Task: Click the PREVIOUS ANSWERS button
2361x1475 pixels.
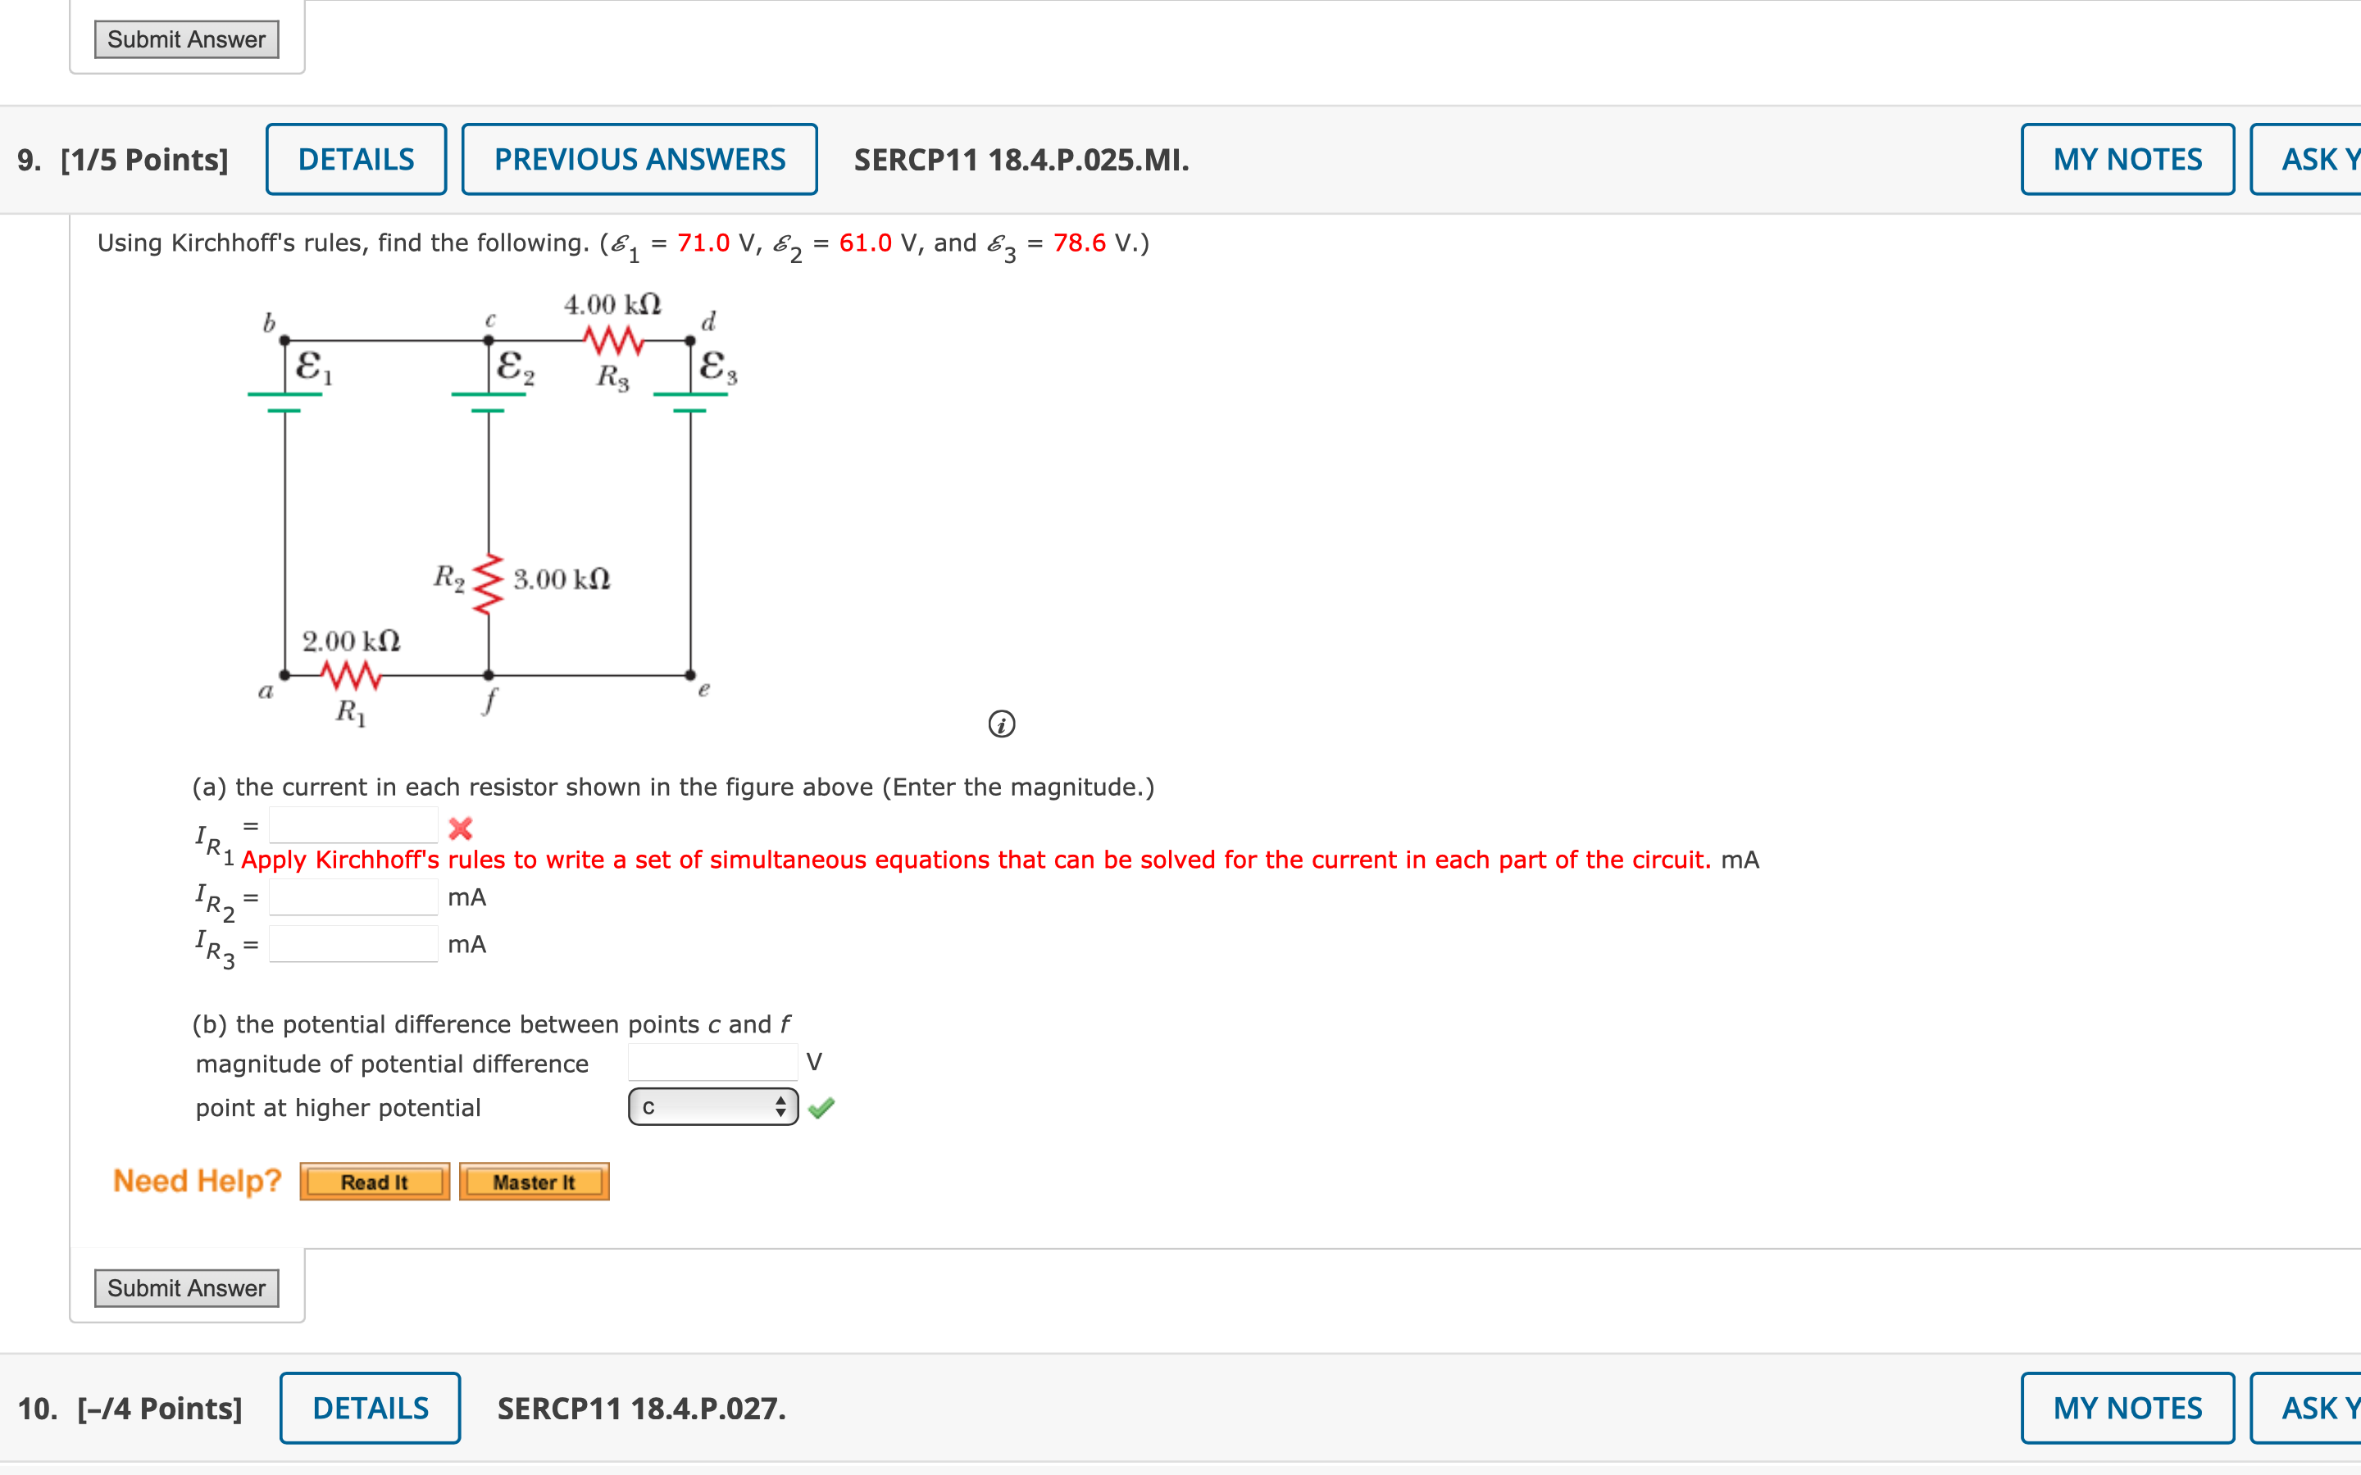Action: tap(639, 159)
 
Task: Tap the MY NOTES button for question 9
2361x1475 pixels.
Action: tap(2127, 159)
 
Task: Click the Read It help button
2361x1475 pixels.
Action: tap(375, 1182)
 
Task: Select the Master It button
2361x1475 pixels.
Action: tap(534, 1182)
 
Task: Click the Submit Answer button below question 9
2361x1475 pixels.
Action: tap(186, 1287)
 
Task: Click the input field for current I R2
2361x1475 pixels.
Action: tap(353, 896)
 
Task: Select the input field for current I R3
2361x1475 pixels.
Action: tap(353, 943)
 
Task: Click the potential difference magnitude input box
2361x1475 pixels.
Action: tap(712, 1061)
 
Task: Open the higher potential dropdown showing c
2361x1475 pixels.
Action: tap(713, 1106)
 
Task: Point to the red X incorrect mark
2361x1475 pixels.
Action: tap(461, 829)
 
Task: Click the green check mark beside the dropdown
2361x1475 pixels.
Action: tap(821, 1107)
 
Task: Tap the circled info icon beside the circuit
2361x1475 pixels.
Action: tap(1002, 724)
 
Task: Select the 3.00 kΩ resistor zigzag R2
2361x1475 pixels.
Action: tap(488, 584)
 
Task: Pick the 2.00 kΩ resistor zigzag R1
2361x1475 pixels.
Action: tap(350, 674)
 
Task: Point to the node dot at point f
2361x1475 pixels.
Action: tap(489, 674)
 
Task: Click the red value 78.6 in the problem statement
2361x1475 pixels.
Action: tap(1079, 243)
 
